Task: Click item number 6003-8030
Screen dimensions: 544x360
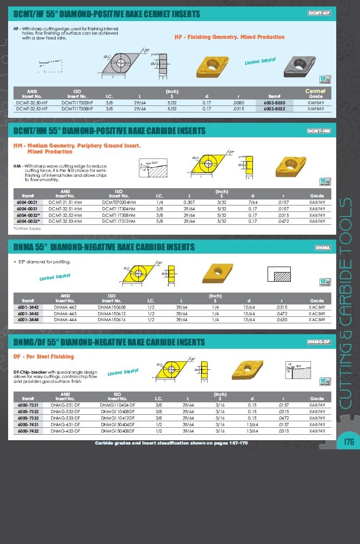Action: pyautogui.click(x=274, y=102)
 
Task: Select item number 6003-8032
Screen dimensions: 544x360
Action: pyautogui.click(x=274, y=108)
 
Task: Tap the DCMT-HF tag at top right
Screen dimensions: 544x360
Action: pyautogui.click(x=319, y=12)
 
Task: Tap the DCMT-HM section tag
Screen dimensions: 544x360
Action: pyautogui.click(x=318, y=131)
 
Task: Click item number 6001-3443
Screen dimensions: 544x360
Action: pyautogui.click(x=28, y=313)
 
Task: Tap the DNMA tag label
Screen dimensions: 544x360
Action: pyautogui.click(x=322, y=248)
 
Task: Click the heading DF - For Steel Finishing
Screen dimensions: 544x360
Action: pyautogui.click(x=44, y=357)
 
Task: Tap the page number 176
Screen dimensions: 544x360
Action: pyautogui.click(x=349, y=442)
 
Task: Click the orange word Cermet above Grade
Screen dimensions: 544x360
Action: pyautogui.click(x=316, y=91)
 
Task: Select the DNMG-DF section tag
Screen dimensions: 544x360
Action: pyautogui.click(x=318, y=342)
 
